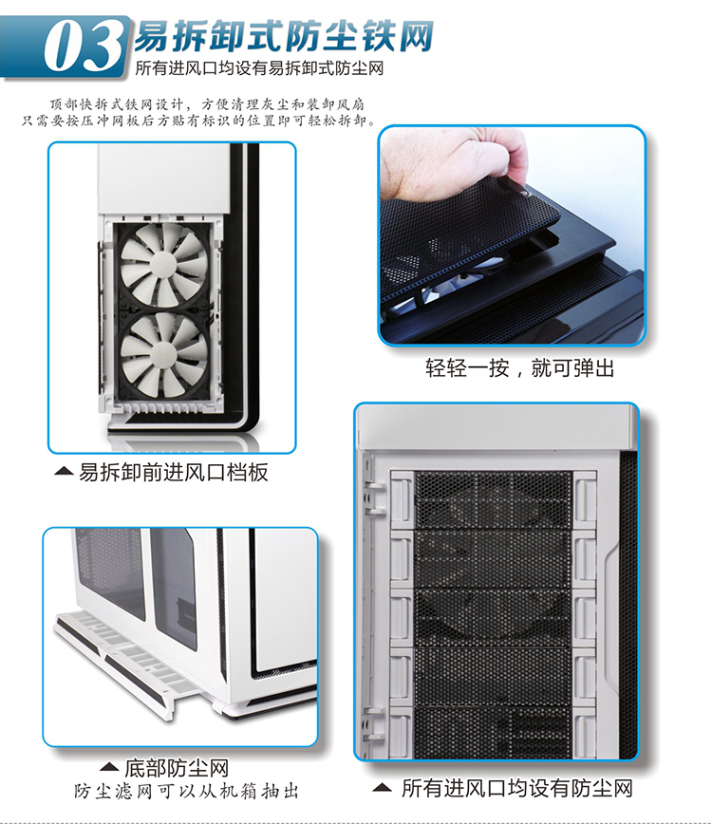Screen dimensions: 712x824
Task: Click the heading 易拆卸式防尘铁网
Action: [283, 36]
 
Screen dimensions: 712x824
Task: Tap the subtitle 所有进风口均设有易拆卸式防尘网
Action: [259, 68]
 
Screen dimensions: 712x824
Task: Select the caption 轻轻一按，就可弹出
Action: [519, 368]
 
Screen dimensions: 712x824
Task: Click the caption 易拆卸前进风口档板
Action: [174, 473]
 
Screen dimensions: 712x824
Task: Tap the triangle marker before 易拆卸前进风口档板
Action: [64, 472]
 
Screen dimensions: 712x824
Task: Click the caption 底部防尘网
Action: [177, 768]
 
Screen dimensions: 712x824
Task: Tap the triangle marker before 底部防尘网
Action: [109, 767]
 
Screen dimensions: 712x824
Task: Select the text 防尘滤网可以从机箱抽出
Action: [186, 791]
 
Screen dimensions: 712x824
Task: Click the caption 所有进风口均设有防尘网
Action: [517, 788]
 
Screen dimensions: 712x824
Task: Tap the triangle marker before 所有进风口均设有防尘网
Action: [382, 787]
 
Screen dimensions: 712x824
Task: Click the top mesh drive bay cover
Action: [493, 498]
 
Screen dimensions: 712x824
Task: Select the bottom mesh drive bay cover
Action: [493, 733]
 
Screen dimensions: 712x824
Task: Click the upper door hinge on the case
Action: [375, 497]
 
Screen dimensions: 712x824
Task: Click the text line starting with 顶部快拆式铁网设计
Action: [208, 104]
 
